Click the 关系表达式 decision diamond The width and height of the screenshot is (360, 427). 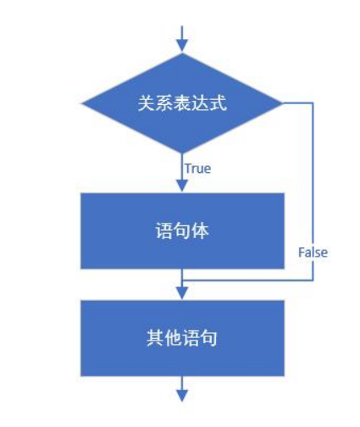(x=182, y=104)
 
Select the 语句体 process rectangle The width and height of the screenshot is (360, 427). (x=182, y=230)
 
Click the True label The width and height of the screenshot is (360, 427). (x=197, y=168)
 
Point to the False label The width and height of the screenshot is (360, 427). (x=313, y=252)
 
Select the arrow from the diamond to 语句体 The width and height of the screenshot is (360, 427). (x=182, y=174)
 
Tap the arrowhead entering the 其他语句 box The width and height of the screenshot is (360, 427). (x=182, y=291)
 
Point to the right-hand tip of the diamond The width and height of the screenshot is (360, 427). (x=281, y=104)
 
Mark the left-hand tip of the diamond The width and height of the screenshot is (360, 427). (x=82, y=104)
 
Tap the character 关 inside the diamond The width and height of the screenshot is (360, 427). (x=145, y=104)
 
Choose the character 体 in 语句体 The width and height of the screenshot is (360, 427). (x=200, y=230)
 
